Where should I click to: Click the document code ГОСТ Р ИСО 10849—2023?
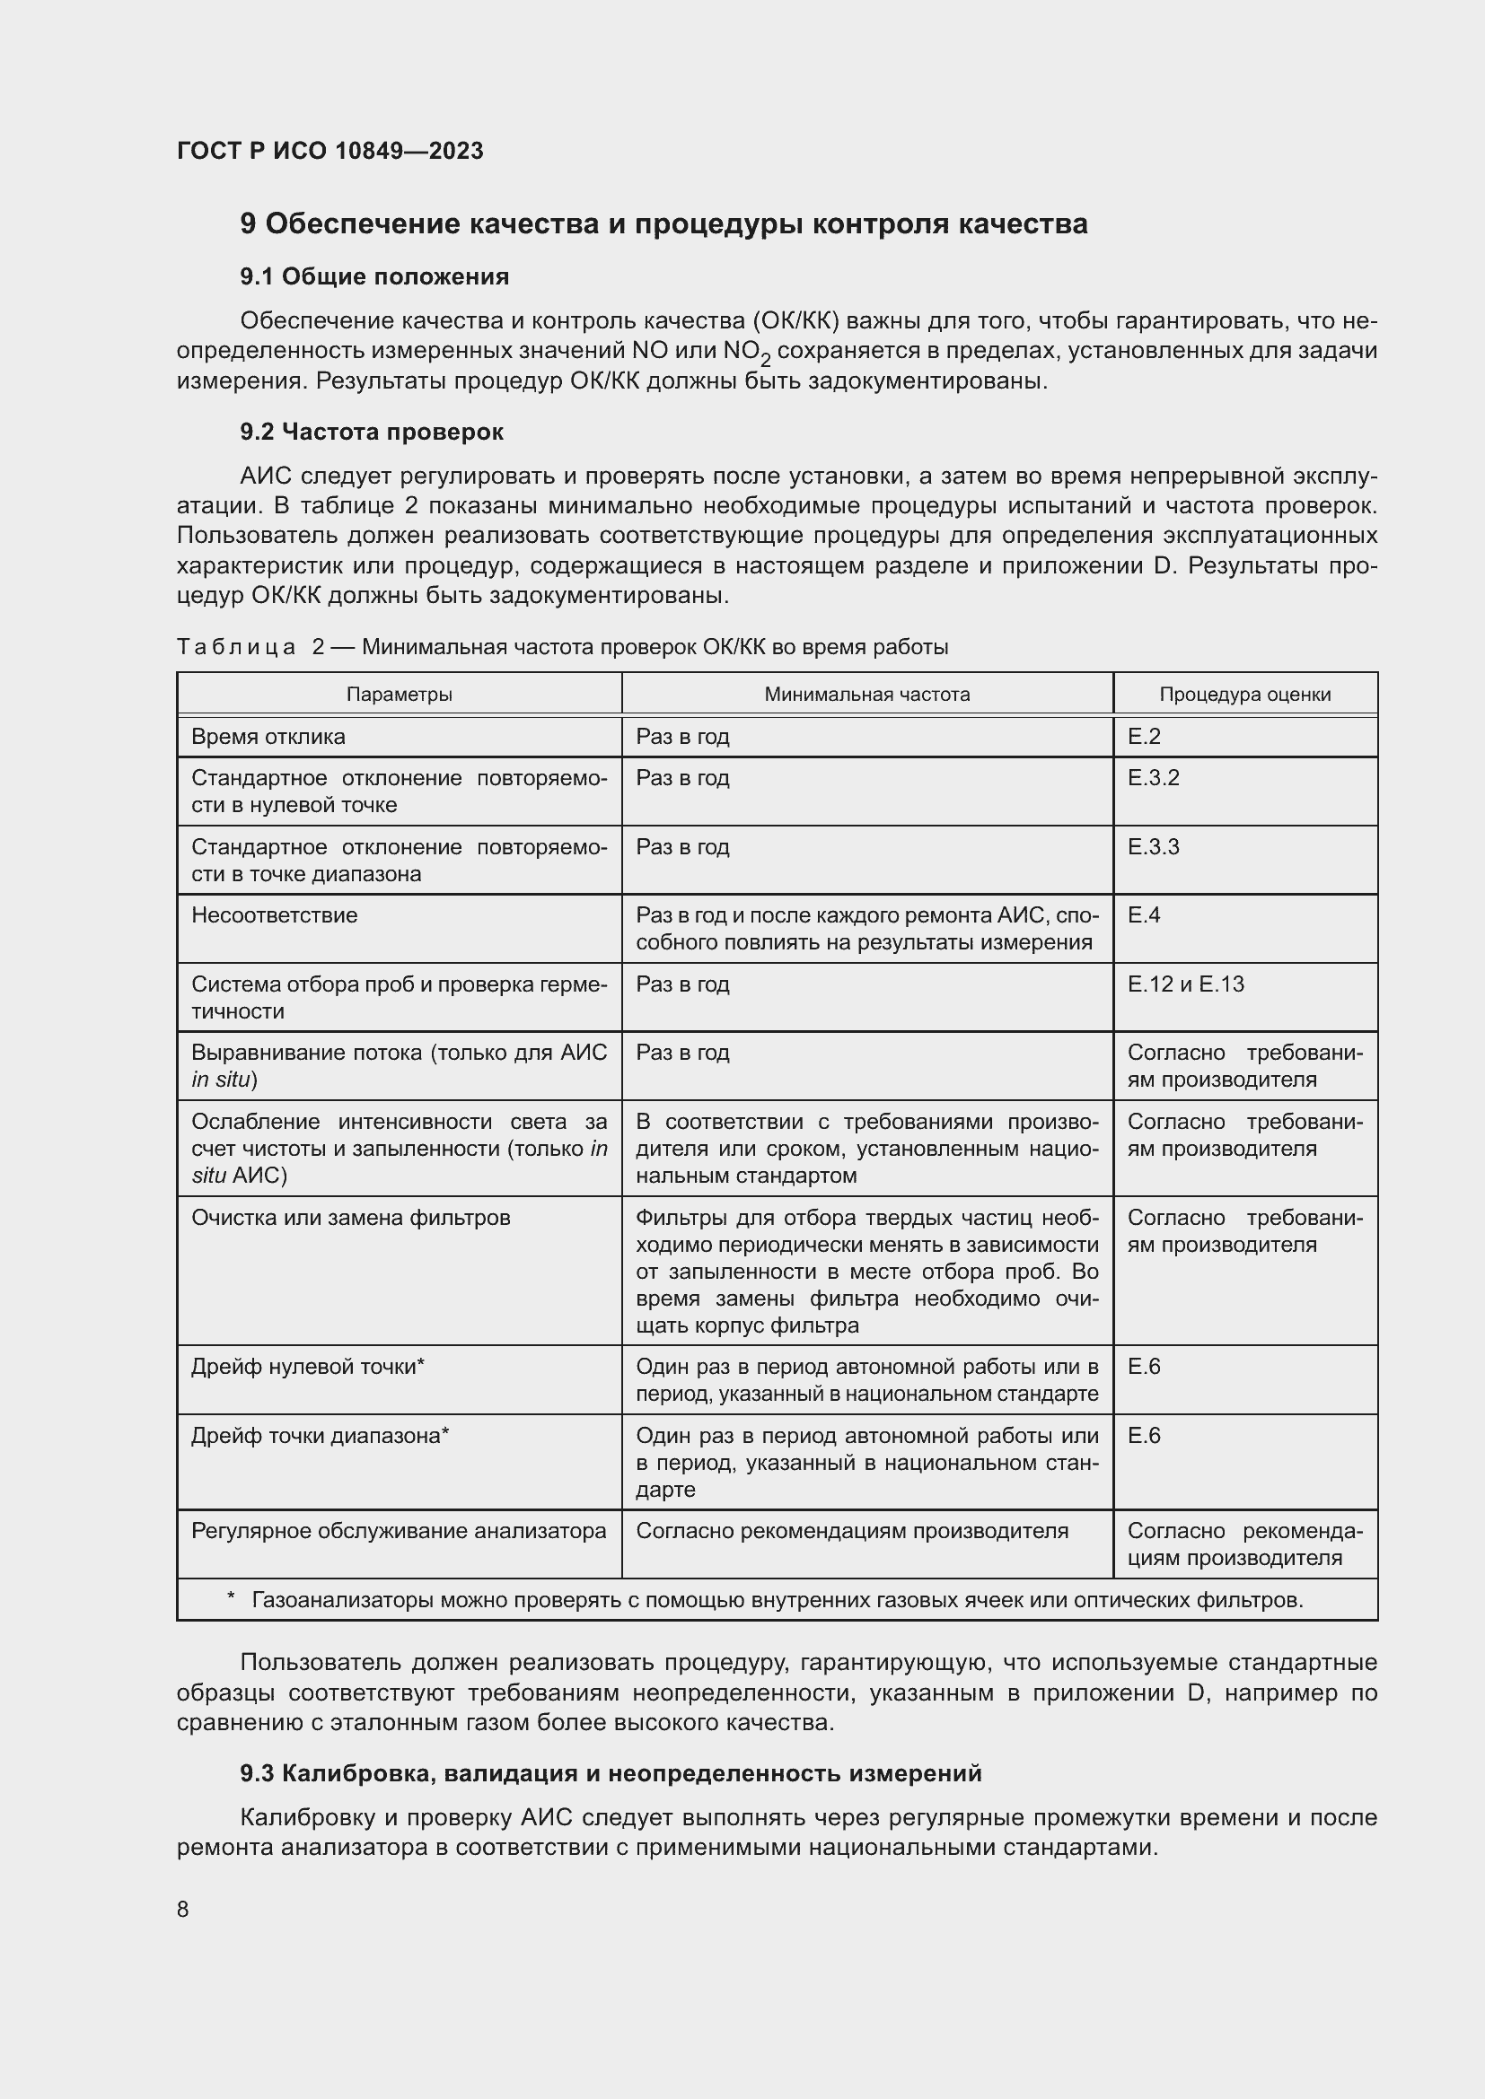[330, 151]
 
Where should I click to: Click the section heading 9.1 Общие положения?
[374, 276]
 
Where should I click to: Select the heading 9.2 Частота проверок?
[372, 432]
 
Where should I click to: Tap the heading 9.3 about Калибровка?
[610, 1773]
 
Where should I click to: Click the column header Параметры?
[399, 694]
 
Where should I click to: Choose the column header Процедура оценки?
[1244, 694]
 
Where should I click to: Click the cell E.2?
[1144, 737]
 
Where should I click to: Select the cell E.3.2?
[1153, 778]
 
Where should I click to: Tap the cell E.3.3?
[1153, 846]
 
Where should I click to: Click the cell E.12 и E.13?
[1185, 984]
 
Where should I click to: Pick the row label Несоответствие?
[275, 915]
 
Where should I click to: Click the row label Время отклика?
[268, 737]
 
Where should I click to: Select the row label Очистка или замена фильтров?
[350, 1218]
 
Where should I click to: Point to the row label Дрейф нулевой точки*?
[308, 1367]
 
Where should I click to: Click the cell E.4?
[1144, 915]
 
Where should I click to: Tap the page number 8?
[183, 1909]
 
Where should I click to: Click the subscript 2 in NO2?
[765, 360]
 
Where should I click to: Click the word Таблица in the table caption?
[236, 647]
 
